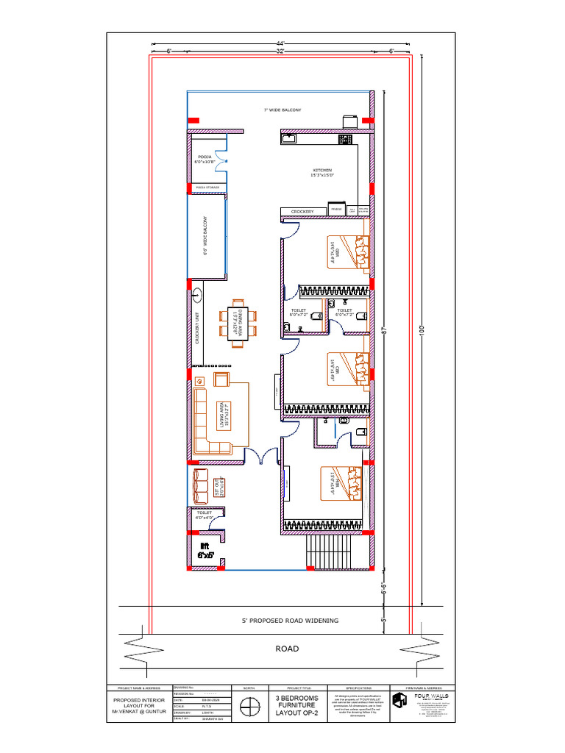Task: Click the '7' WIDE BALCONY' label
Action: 282,110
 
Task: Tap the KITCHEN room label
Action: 322,172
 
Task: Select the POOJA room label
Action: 205,160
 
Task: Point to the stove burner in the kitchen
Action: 345,138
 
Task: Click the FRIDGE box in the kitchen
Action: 337,211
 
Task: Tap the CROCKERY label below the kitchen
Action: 302,212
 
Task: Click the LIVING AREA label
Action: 221,415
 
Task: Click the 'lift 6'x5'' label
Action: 205,550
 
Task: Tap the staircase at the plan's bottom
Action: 331,552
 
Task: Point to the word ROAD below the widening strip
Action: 287,649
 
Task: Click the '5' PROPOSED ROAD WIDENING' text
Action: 291,621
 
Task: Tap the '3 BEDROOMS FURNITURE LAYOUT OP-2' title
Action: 297,705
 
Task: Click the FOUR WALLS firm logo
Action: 399,699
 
